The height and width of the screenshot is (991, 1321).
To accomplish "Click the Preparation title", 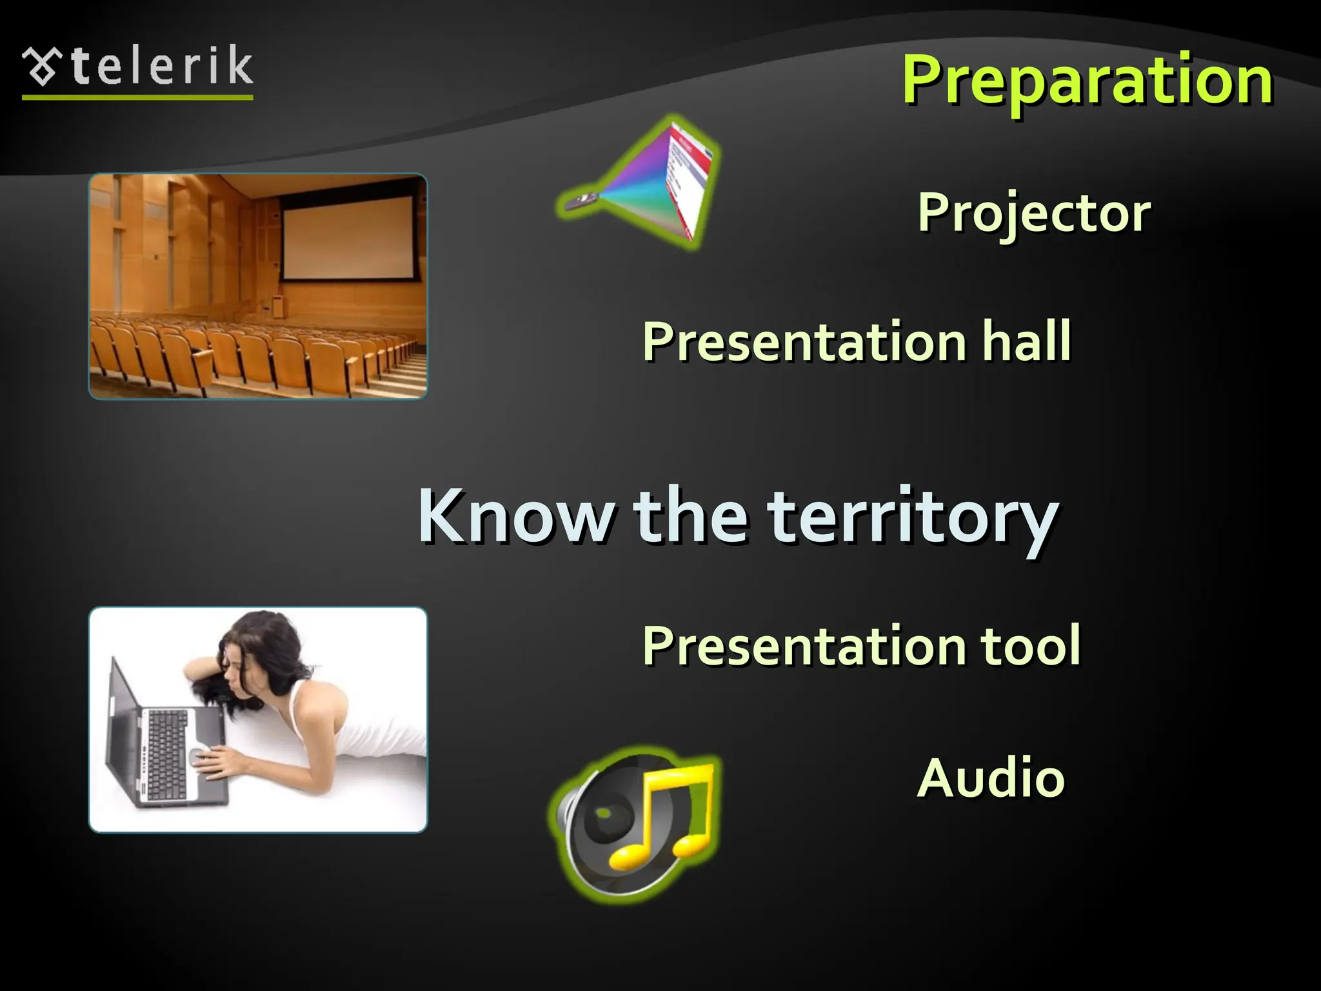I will tap(1087, 80).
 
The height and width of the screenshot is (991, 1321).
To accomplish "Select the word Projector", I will tap(1033, 212).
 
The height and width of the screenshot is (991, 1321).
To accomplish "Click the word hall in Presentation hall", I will tap(1026, 341).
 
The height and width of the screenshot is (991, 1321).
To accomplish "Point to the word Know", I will tap(516, 516).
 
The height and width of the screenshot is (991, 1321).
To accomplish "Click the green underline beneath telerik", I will tap(137, 97).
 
